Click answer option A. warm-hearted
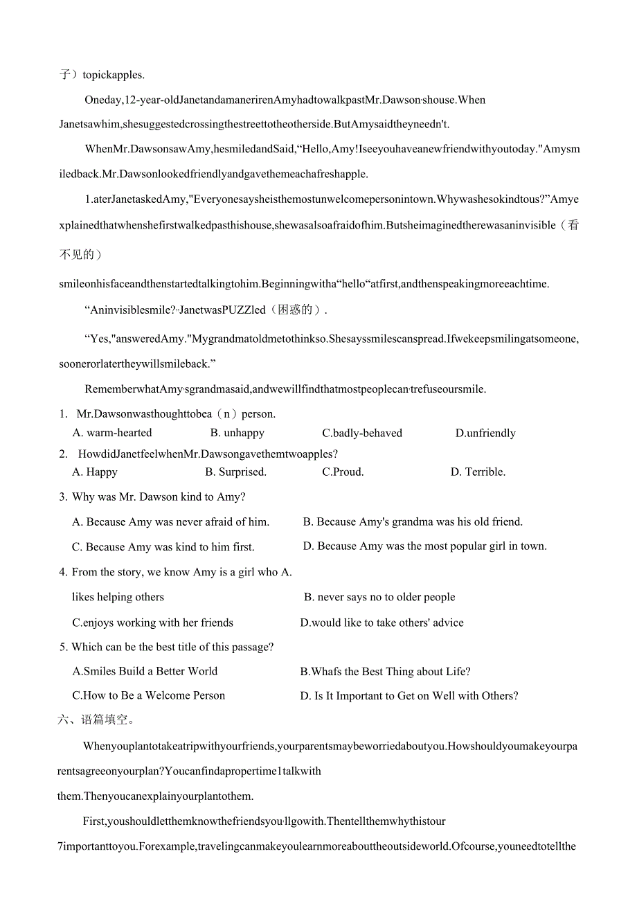[112, 433]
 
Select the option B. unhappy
[237, 433]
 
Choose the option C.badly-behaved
[361, 433]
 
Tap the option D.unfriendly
[485, 433]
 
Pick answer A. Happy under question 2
[95, 472]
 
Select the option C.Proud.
[343, 472]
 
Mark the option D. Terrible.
[478, 472]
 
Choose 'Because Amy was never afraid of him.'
[170, 521]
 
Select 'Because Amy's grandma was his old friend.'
[413, 521]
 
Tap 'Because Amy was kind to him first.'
[163, 546]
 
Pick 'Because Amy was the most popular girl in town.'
[424, 546]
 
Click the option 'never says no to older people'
[379, 597]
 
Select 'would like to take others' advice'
[382, 623]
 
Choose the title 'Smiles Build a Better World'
[145, 670]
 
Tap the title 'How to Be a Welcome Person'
[148, 695]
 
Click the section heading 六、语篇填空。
[95, 720]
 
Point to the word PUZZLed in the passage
[243, 310]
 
